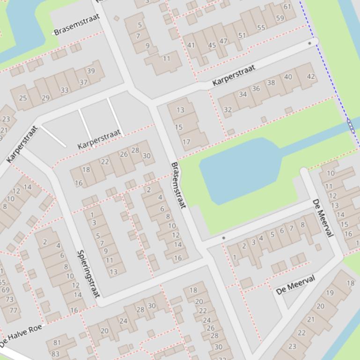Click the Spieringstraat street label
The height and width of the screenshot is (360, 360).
click(88, 274)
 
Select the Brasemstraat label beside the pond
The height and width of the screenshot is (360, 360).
click(178, 185)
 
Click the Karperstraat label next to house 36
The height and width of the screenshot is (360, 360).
click(234, 75)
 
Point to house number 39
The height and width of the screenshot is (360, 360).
click(91, 71)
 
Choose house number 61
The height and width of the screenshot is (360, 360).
click(287, 7)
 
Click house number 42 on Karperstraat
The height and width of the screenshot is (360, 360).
click(311, 76)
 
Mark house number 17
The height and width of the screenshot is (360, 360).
click(186, 142)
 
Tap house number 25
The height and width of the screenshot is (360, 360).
click(23, 98)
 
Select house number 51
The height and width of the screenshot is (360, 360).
click(242, 35)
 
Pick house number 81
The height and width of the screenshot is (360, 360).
click(57, 343)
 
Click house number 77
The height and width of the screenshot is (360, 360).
click(13, 310)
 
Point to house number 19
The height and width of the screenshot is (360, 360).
click(330, 293)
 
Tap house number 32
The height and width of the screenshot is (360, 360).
click(228, 110)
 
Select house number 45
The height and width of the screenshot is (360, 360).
click(212, 45)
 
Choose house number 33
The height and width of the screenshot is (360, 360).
click(64, 90)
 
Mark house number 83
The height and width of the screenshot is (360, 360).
click(55, 354)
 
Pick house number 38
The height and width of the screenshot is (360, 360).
click(271, 83)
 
